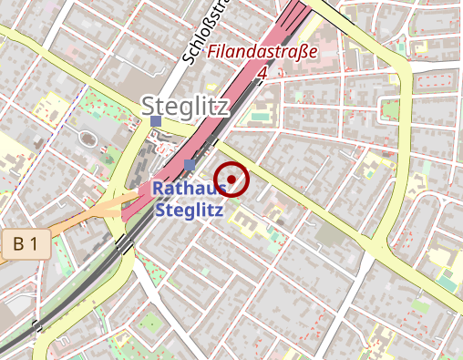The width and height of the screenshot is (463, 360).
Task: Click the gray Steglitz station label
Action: point(185,106)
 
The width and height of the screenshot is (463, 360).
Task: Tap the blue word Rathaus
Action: point(189,189)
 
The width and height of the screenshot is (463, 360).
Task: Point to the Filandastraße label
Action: point(262,52)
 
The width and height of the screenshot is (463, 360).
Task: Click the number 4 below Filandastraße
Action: point(262,71)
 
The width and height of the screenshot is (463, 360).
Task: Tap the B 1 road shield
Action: point(26,243)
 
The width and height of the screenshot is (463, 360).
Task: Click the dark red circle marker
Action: point(231,179)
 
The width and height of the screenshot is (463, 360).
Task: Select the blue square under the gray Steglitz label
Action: point(157,121)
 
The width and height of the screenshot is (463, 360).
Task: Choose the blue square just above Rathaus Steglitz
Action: point(189,164)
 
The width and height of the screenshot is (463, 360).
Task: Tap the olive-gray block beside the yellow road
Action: point(331,234)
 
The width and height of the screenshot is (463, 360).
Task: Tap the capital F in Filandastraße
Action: point(212,54)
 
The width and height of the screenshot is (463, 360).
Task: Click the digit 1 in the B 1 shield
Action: point(34,243)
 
